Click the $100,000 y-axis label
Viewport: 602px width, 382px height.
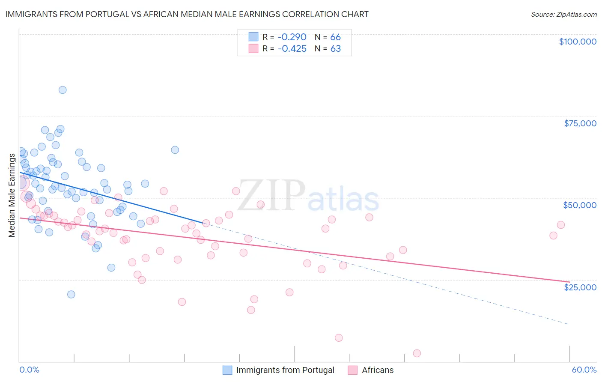coord(578,42)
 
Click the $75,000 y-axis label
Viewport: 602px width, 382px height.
coord(580,123)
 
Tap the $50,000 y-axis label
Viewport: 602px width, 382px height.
coord(580,205)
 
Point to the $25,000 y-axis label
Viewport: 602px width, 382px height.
coord(580,287)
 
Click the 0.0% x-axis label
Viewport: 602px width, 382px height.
coord(29,370)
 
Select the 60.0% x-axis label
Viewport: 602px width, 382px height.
coord(584,370)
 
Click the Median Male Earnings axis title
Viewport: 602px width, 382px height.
coord(12,195)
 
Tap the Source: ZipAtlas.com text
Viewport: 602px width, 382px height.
coord(563,14)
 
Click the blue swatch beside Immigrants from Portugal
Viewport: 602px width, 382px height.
coord(227,370)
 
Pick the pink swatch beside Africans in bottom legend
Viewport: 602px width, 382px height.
coord(353,370)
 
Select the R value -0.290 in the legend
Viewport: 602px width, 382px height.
coord(292,37)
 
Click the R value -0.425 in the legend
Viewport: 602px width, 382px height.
coord(292,48)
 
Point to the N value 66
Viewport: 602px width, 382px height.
coord(335,37)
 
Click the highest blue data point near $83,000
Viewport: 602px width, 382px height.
coord(63,90)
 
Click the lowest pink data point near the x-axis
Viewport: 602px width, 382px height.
coord(417,353)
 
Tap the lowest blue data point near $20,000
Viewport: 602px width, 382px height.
coord(71,294)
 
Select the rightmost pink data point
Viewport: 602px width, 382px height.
coord(560,225)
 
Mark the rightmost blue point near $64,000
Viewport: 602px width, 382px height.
coord(175,150)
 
